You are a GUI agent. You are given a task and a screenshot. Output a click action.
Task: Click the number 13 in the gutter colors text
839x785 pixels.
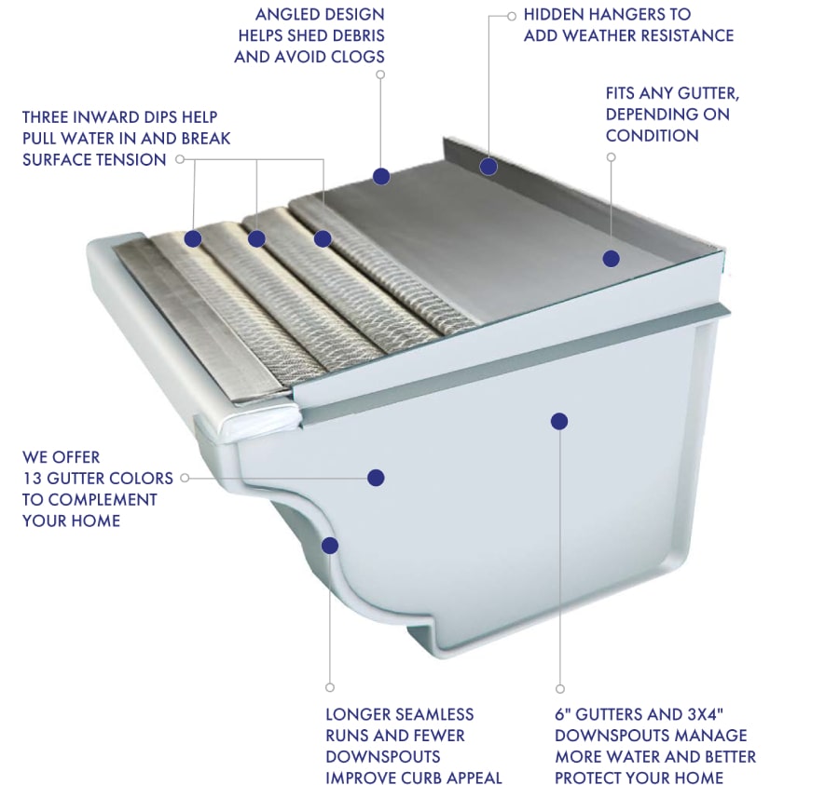coord(32,478)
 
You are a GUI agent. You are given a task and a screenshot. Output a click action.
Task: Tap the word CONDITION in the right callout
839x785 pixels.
coord(652,135)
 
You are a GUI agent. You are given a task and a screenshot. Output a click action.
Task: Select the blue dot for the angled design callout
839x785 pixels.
coord(381,176)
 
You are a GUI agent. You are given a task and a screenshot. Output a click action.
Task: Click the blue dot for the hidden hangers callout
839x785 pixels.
coord(488,166)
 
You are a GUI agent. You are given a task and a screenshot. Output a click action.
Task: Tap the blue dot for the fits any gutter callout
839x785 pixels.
coord(611,259)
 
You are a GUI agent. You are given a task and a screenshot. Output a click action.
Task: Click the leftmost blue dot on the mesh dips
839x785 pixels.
coord(193,238)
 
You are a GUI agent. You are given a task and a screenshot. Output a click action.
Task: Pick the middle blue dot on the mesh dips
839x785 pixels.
coord(257,238)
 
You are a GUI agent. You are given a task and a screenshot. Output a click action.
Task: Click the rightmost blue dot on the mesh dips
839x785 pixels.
coord(323,238)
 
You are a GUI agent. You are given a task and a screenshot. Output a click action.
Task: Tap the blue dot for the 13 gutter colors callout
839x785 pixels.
coord(377,478)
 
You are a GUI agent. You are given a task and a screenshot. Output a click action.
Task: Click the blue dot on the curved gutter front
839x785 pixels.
coord(330,546)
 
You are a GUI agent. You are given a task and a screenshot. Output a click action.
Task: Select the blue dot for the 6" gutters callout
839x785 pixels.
coord(559,421)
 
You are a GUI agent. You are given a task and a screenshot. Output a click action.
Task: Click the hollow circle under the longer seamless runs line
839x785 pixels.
coord(330,688)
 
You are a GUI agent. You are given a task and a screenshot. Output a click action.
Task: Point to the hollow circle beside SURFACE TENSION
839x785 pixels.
coord(180,159)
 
